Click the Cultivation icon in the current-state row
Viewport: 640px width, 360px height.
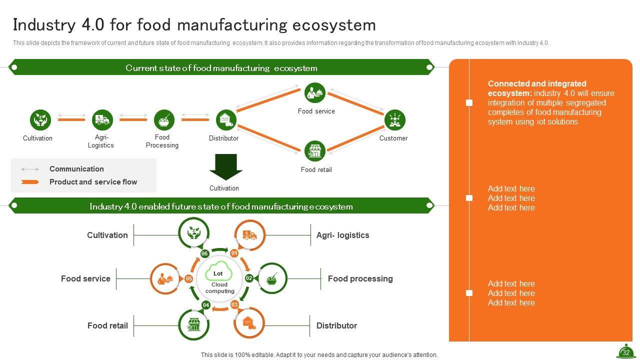(x=40, y=120)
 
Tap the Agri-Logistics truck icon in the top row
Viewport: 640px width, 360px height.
(x=102, y=120)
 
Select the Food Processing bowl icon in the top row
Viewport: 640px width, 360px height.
(x=164, y=120)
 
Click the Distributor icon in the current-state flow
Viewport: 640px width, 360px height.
(x=226, y=120)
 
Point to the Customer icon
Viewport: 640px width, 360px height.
(x=394, y=120)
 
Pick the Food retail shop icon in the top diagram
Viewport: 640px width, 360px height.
(x=315, y=151)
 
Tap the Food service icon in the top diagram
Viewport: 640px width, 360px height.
(x=315, y=93)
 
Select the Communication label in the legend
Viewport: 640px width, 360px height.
(x=76, y=169)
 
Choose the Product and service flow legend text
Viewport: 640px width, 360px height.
(x=93, y=182)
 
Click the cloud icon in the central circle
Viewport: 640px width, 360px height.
(x=219, y=270)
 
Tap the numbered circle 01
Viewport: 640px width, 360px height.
(x=234, y=253)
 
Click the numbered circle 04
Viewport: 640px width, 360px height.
(x=206, y=305)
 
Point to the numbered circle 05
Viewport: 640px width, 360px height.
(x=189, y=278)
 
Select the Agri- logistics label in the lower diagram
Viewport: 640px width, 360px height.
(x=342, y=235)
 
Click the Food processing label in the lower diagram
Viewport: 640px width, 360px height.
(x=360, y=278)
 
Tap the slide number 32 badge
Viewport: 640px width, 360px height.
(x=625, y=351)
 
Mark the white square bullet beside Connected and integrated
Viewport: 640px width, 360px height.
(x=469, y=102)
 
